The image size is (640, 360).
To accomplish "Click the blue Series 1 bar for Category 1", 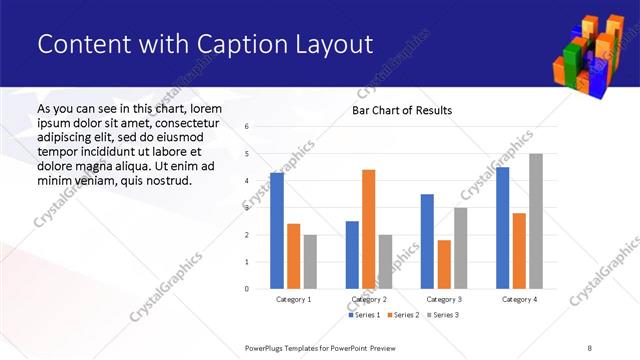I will (x=276, y=231).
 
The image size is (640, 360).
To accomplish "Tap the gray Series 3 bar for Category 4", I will (x=535, y=221).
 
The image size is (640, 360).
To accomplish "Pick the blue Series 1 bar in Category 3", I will (x=427, y=241).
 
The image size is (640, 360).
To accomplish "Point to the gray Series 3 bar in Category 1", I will (x=310, y=261).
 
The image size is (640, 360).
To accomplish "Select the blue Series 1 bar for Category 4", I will (x=502, y=228).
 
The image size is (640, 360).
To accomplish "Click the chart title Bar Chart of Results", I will (x=402, y=110).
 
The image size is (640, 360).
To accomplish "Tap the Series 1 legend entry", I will (x=364, y=315).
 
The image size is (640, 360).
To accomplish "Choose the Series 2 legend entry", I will (x=402, y=315).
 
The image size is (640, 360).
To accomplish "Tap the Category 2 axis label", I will (x=368, y=299).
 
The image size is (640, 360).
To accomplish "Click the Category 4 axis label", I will (x=519, y=299).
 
